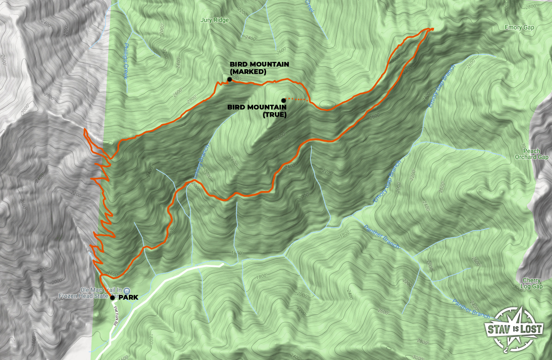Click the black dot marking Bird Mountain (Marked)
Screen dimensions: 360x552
pyautogui.click(x=230, y=79)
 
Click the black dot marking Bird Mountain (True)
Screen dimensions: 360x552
pyautogui.click(x=283, y=100)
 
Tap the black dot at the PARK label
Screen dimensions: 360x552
pyautogui.click(x=112, y=298)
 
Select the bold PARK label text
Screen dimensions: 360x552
pyautogui.click(x=129, y=298)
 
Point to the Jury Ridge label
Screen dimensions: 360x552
pyautogui.click(x=215, y=20)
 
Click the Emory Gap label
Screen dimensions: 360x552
pyautogui.click(x=519, y=28)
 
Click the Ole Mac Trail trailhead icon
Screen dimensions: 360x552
pyautogui.click(x=114, y=290)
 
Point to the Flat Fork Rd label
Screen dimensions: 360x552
pyautogui.click(x=114, y=318)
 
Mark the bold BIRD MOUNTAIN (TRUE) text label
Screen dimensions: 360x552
pyautogui.click(x=257, y=111)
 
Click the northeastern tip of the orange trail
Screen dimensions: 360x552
pyautogui.click(x=433, y=29)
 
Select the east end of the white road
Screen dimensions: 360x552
pyautogui.click(x=222, y=264)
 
